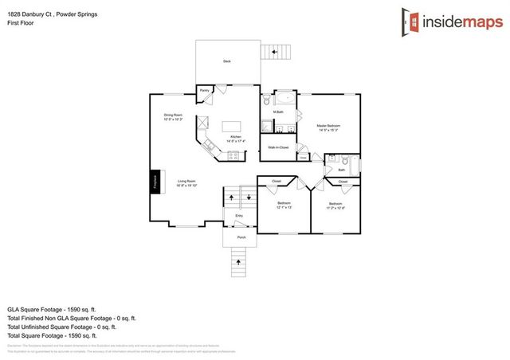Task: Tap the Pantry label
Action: tap(204, 91)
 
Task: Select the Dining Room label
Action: tap(173, 116)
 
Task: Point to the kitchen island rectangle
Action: tap(230, 126)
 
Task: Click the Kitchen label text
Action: tap(235, 137)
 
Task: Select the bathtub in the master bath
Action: tap(284, 99)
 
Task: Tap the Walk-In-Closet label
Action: tap(277, 148)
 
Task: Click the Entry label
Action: tap(238, 216)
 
